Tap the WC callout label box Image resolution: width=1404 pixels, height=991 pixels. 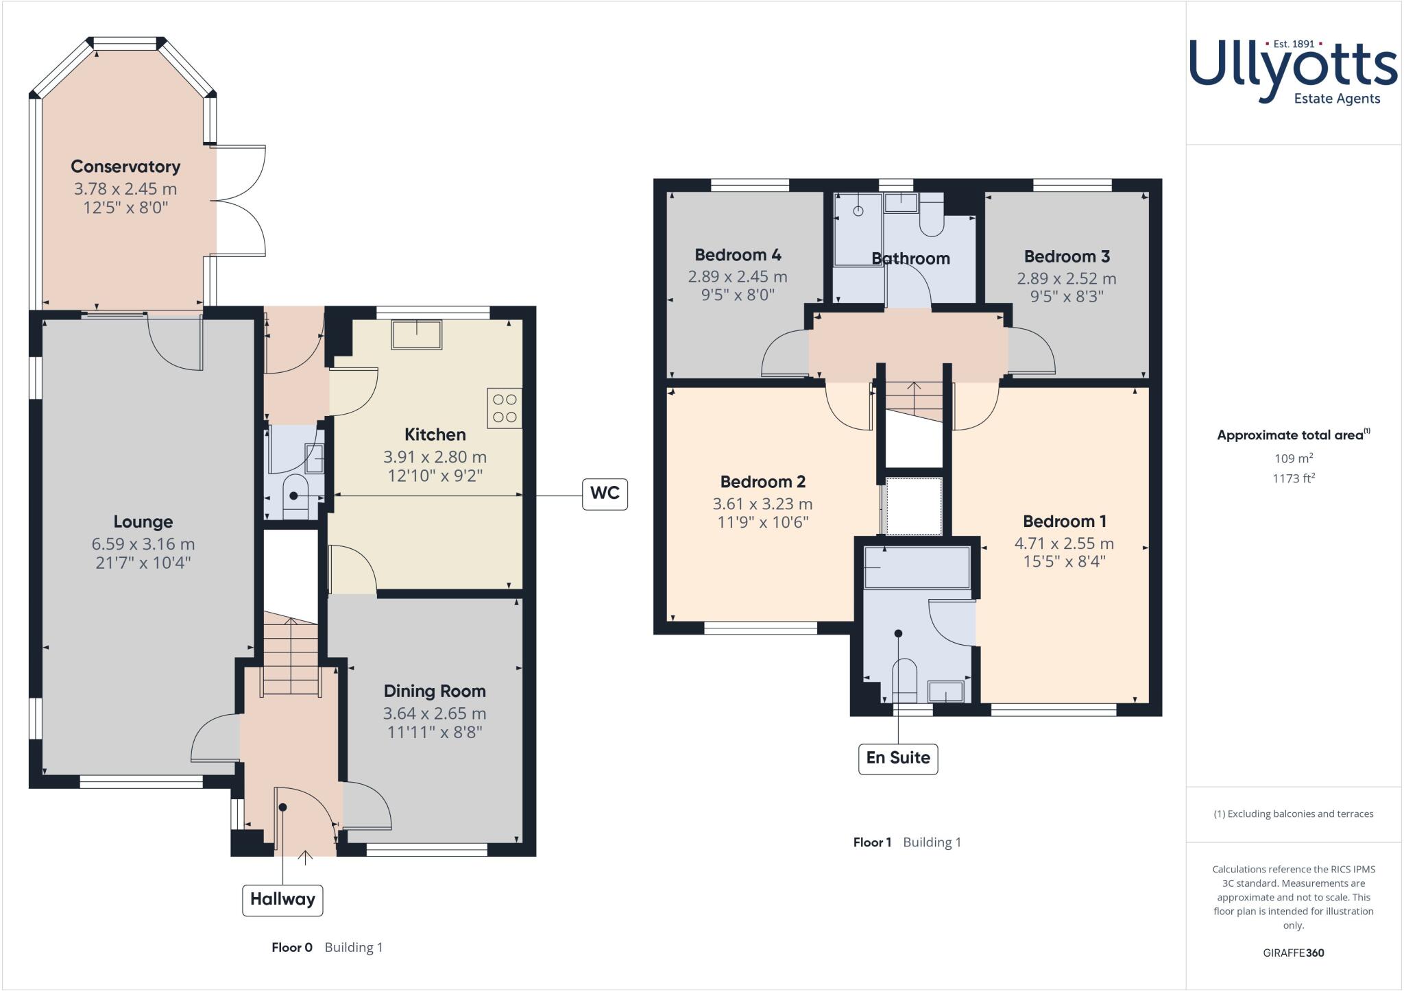[604, 493]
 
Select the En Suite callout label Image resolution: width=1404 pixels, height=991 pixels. [897, 758]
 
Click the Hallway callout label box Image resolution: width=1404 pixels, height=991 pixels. [282, 899]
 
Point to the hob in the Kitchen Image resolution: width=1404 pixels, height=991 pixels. [505, 408]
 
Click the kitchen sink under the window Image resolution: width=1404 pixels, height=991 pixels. [417, 334]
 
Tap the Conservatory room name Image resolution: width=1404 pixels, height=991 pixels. [125, 167]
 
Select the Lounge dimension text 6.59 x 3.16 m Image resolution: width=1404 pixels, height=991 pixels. [143, 544]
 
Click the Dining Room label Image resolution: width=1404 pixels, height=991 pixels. [435, 691]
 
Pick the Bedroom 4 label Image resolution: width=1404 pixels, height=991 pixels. [738, 255]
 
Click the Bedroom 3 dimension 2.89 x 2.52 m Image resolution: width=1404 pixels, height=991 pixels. [1066, 279]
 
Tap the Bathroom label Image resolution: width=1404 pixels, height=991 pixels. [910, 258]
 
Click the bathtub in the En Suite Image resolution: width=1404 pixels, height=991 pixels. [917, 567]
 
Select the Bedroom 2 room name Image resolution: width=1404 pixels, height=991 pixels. [762, 482]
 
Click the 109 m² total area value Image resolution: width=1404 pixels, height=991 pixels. [1292, 458]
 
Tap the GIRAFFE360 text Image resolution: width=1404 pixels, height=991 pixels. [1293, 953]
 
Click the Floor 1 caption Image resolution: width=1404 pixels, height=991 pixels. [872, 842]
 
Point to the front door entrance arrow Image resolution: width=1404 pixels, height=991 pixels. [305, 856]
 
